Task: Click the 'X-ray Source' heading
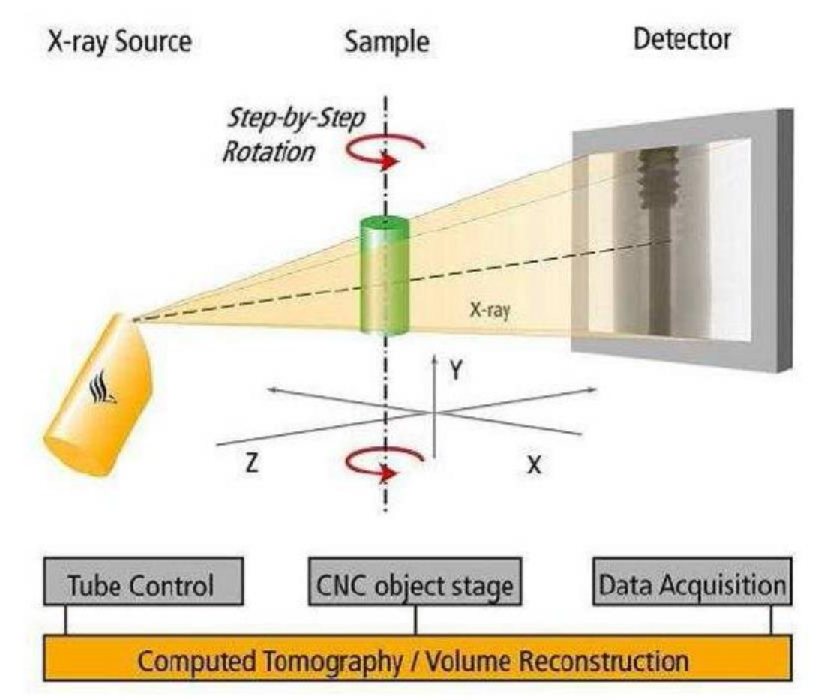coord(119,42)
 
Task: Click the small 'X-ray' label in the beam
coord(490,311)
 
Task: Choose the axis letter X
coord(533,464)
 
